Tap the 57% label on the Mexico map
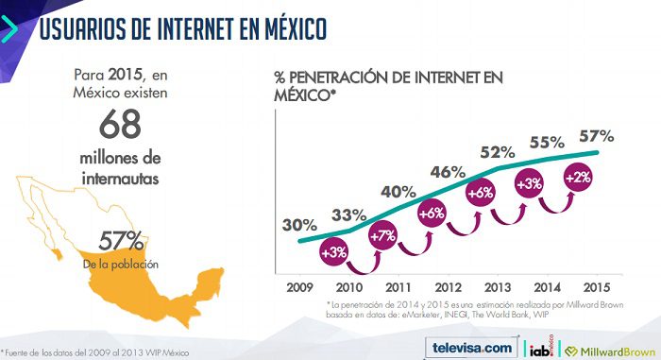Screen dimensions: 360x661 [120, 239]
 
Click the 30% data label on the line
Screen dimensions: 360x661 [298, 225]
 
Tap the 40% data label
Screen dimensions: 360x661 [398, 192]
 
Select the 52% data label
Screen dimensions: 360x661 [497, 151]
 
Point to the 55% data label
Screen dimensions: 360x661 [547, 142]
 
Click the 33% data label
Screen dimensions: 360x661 [348, 214]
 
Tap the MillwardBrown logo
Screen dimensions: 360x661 [605, 348]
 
